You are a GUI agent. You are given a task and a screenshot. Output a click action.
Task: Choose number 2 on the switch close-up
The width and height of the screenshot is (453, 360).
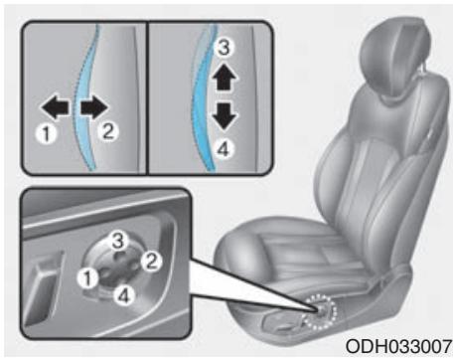click(152, 263)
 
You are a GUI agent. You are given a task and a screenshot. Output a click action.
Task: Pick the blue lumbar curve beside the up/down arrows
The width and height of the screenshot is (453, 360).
click(203, 99)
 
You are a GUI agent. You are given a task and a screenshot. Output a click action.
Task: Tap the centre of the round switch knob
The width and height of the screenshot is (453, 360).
click(120, 266)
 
